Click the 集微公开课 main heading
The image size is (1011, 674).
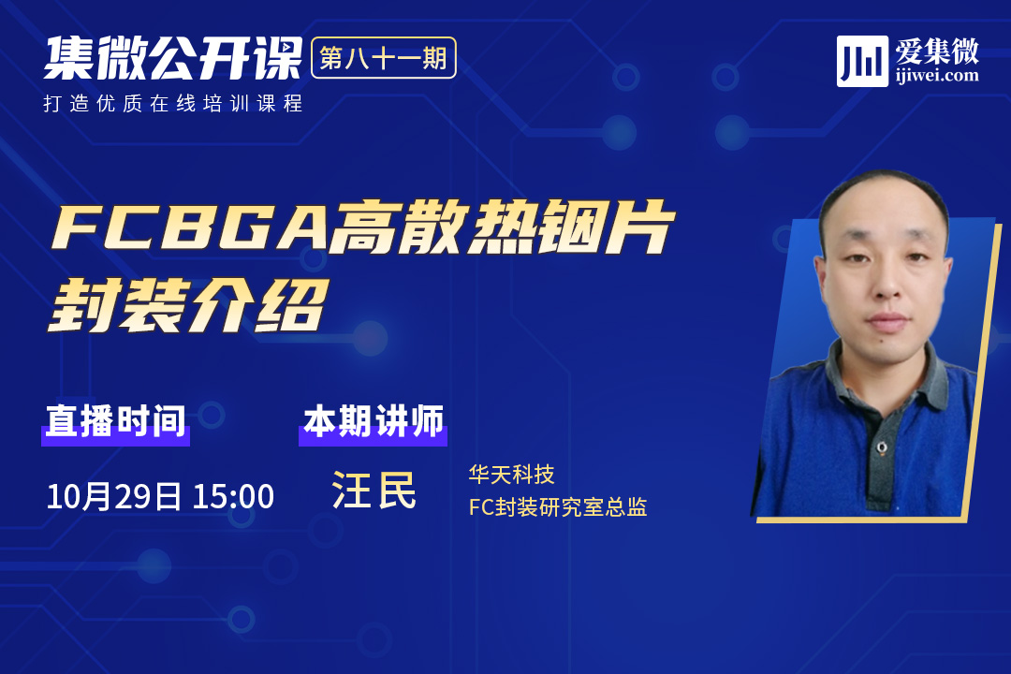(x=173, y=58)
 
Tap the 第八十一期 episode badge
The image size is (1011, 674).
(x=384, y=58)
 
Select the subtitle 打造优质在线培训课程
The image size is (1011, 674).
(x=173, y=103)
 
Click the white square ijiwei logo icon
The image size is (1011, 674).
(x=862, y=61)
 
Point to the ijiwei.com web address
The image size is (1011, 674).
(x=937, y=76)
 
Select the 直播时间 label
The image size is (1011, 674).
(x=115, y=421)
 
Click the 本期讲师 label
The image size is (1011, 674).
(x=374, y=421)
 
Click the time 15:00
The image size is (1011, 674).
(x=233, y=497)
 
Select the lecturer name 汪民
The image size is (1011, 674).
(x=374, y=491)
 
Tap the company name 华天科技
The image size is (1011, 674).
(x=511, y=475)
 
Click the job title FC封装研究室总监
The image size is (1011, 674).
(x=558, y=507)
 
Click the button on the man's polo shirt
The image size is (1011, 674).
(x=882, y=447)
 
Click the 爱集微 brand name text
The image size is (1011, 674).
(x=937, y=51)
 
